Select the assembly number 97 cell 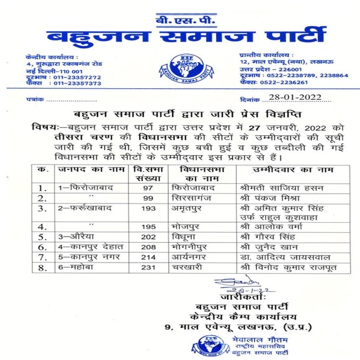[x=148, y=187]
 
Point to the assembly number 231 [x=148, y=267]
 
